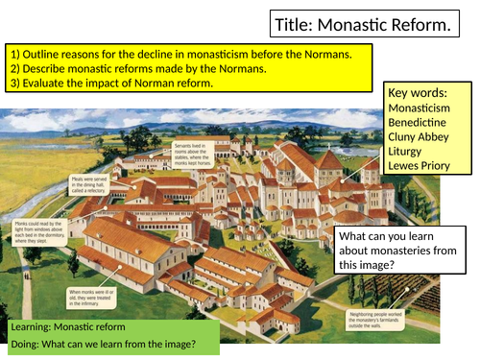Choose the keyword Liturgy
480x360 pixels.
pos(410,164)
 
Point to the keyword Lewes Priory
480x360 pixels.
pos(421,181)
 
